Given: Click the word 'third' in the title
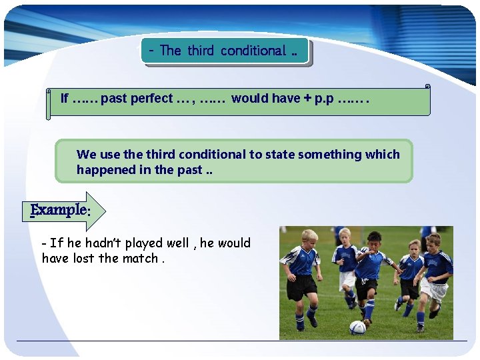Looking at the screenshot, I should point(200,51).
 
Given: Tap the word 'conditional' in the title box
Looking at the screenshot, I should point(253,51).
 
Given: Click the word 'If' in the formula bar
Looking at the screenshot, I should point(65,99).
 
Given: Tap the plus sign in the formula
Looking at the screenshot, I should point(307,99).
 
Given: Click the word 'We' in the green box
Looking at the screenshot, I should point(86,155).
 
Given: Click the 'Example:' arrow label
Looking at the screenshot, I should point(60,210).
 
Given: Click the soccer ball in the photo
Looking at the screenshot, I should point(358,327).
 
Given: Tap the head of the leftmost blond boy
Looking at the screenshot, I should point(309,238).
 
